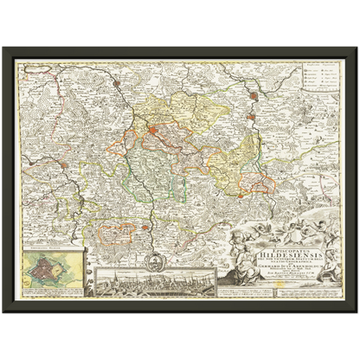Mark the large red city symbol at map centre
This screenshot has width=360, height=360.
pyautogui.click(x=153, y=132)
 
